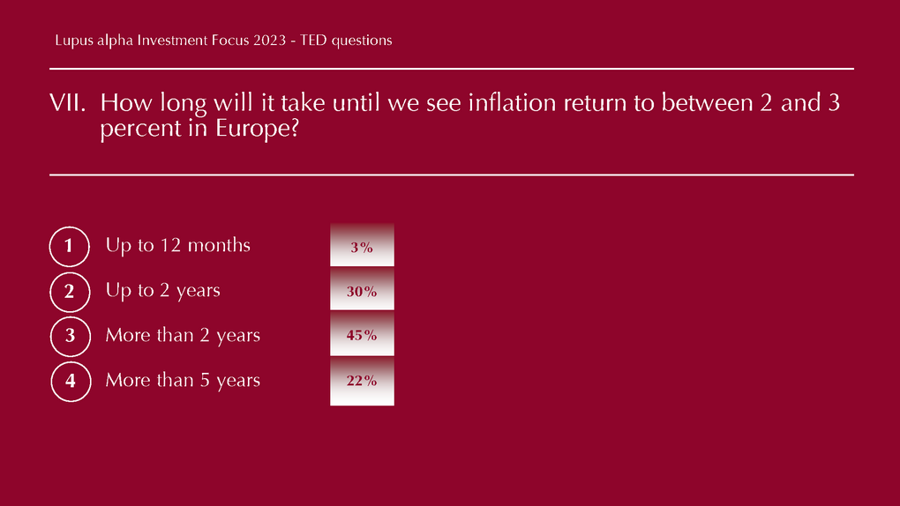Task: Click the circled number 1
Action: [x=70, y=246]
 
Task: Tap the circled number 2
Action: [x=70, y=292]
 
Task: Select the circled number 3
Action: [x=71, y=336]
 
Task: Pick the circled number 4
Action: [x=71, y=382]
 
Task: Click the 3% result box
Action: [x=362, y=246]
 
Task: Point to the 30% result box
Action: [x=362, y=290]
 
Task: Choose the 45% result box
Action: [x=362, y=334]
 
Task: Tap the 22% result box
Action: [x=362, y=381]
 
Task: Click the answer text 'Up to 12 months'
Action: [x=178, y=246]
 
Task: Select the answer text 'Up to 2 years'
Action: [x=163, y=291]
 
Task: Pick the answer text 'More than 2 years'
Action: [x=183, y=336]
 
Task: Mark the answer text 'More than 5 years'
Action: [x=183, y=380]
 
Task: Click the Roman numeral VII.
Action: [x=68, y=103]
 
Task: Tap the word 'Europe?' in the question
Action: [x=257, y=129]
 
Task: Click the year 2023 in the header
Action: [x=270, y=41]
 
